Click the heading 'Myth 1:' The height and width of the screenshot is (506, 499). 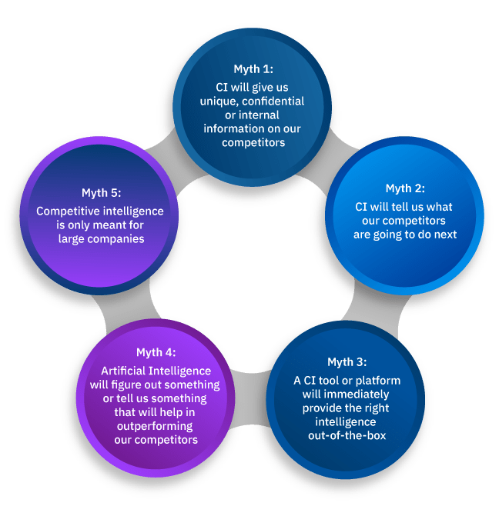click(x=253, y=69)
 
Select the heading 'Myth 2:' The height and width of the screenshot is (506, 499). click(x=405, y=188)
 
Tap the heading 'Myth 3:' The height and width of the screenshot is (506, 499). click(x=347, y=362)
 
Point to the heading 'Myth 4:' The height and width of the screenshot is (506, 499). click(x=156, y=352)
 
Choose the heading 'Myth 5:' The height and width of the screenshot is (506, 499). click(x=102, y=193)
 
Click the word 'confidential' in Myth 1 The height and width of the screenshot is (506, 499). click(x=274, y=101)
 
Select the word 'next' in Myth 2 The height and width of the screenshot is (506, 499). click(x=443, y=234)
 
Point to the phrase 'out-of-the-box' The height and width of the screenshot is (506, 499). click(x=346, y=436)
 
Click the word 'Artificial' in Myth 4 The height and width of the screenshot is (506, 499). click(x=119, y=370)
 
